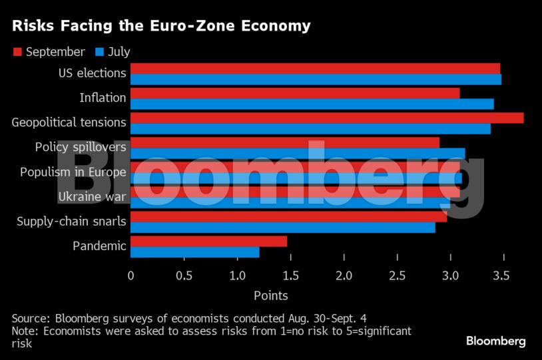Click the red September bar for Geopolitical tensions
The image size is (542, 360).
pos(326,118)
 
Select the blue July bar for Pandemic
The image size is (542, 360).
pos(194,252)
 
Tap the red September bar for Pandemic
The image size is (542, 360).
pos(208,241)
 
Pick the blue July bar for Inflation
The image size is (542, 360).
pos(312,104)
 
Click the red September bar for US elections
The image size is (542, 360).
pos(315,69)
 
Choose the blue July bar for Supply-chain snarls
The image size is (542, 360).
pos(282,228)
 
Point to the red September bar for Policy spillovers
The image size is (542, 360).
pos(284,142)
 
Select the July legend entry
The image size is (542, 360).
pos(113,52)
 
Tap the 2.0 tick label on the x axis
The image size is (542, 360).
pos(344,275)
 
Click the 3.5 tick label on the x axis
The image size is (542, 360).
pos(503,275)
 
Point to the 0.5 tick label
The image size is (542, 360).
pos(184,275)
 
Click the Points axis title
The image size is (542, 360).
pos(270,295)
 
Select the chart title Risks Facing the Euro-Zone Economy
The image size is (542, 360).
pos(160,26)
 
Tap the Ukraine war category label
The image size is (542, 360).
pos(92,196)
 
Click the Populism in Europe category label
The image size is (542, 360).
pos(73,172)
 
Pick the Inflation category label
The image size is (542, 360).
pos(103,98)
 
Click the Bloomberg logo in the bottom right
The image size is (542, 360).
pos(495,341)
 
